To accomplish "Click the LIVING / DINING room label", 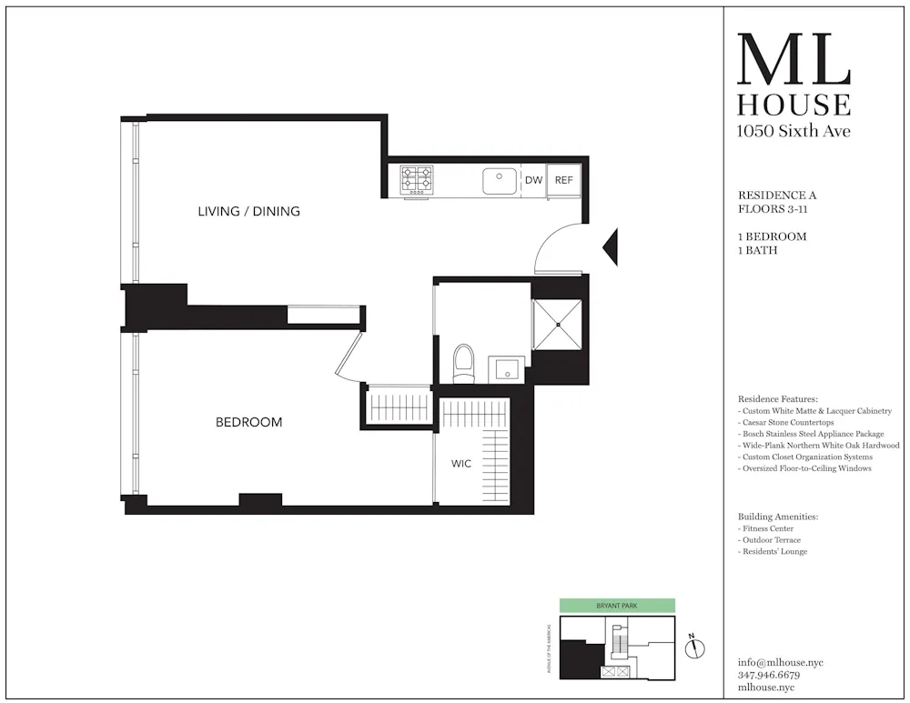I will point(248,211).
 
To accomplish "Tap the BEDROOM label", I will point(248,422).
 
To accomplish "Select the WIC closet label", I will point(461,464).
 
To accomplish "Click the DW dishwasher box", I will point(533,180).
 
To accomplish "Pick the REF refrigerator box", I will point(563,180).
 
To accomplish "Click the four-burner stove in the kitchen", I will point(417,179).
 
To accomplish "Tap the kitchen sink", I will point(500,181).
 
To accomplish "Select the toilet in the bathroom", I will point(464,361).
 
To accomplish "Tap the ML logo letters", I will point(794,60).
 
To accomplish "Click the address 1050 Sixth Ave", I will point(794,131).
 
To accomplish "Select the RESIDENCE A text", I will point(772,195).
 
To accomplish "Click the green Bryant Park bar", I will point(617,605).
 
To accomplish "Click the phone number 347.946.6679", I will point(769,676).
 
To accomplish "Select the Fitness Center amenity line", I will point(766,528).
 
